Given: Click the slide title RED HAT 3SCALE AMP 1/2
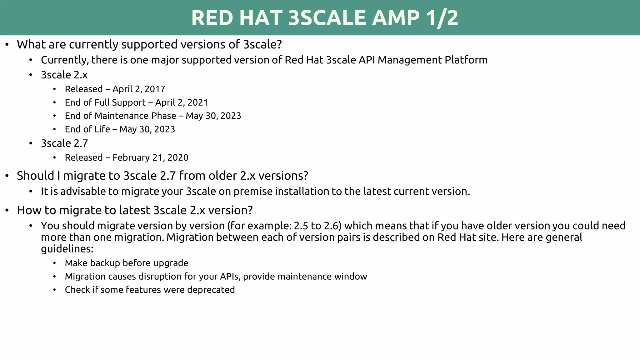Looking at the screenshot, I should click(x=324, y=18).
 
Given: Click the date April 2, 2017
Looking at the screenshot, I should click(x=139, y=89).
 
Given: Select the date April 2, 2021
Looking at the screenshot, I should click(x=182, y=102).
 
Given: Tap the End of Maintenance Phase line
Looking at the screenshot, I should click(x=153, y=116).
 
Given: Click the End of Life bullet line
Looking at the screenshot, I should click(x=120, y=129).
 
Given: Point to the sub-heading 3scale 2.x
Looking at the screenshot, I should click(x=64, y=75).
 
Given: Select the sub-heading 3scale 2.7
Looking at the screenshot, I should click(x=64, y=143).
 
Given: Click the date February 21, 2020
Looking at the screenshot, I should click(x=150, y=157).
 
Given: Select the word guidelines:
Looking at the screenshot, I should click(x=67, y=249).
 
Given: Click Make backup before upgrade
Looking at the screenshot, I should click(x=126, y=263).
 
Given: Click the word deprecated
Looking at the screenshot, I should click(x=211, y=290).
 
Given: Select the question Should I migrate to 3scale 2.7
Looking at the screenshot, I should click(x=162, y=176).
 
